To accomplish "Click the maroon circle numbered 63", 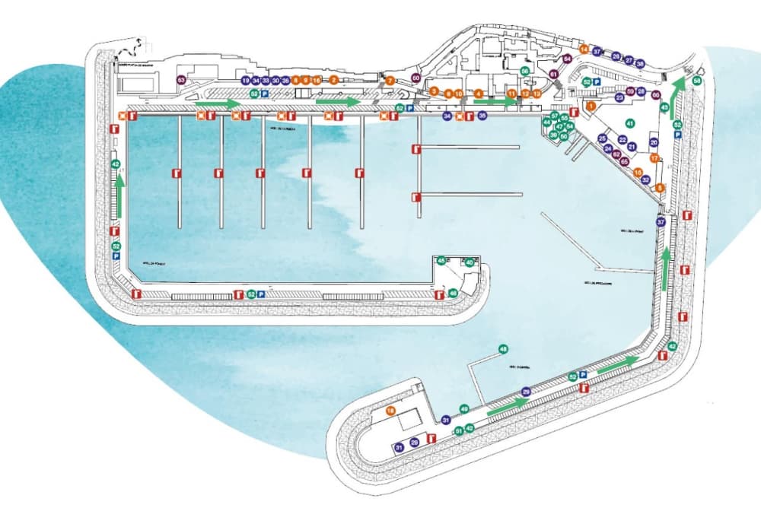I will click(181, 80).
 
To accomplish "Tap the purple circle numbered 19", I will click(245, 80).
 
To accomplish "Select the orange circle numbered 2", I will click(333, 80).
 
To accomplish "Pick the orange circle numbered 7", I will click(390, 80).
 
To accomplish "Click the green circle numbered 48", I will click(502, 350).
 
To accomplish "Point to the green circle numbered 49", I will click(464, 409).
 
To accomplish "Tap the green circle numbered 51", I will click(459, 430).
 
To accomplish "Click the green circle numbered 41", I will click(629, 122).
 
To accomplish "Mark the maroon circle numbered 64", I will click(567, 59).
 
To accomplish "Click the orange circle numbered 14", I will click(584, 49).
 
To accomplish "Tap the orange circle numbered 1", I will click(591, 106).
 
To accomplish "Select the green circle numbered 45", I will click(441, 261).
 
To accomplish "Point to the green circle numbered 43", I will click(664, 108).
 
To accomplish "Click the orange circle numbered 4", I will click(479, 94).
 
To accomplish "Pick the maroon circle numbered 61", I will click(554, 74).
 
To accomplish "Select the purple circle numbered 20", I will click(653, 143).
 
